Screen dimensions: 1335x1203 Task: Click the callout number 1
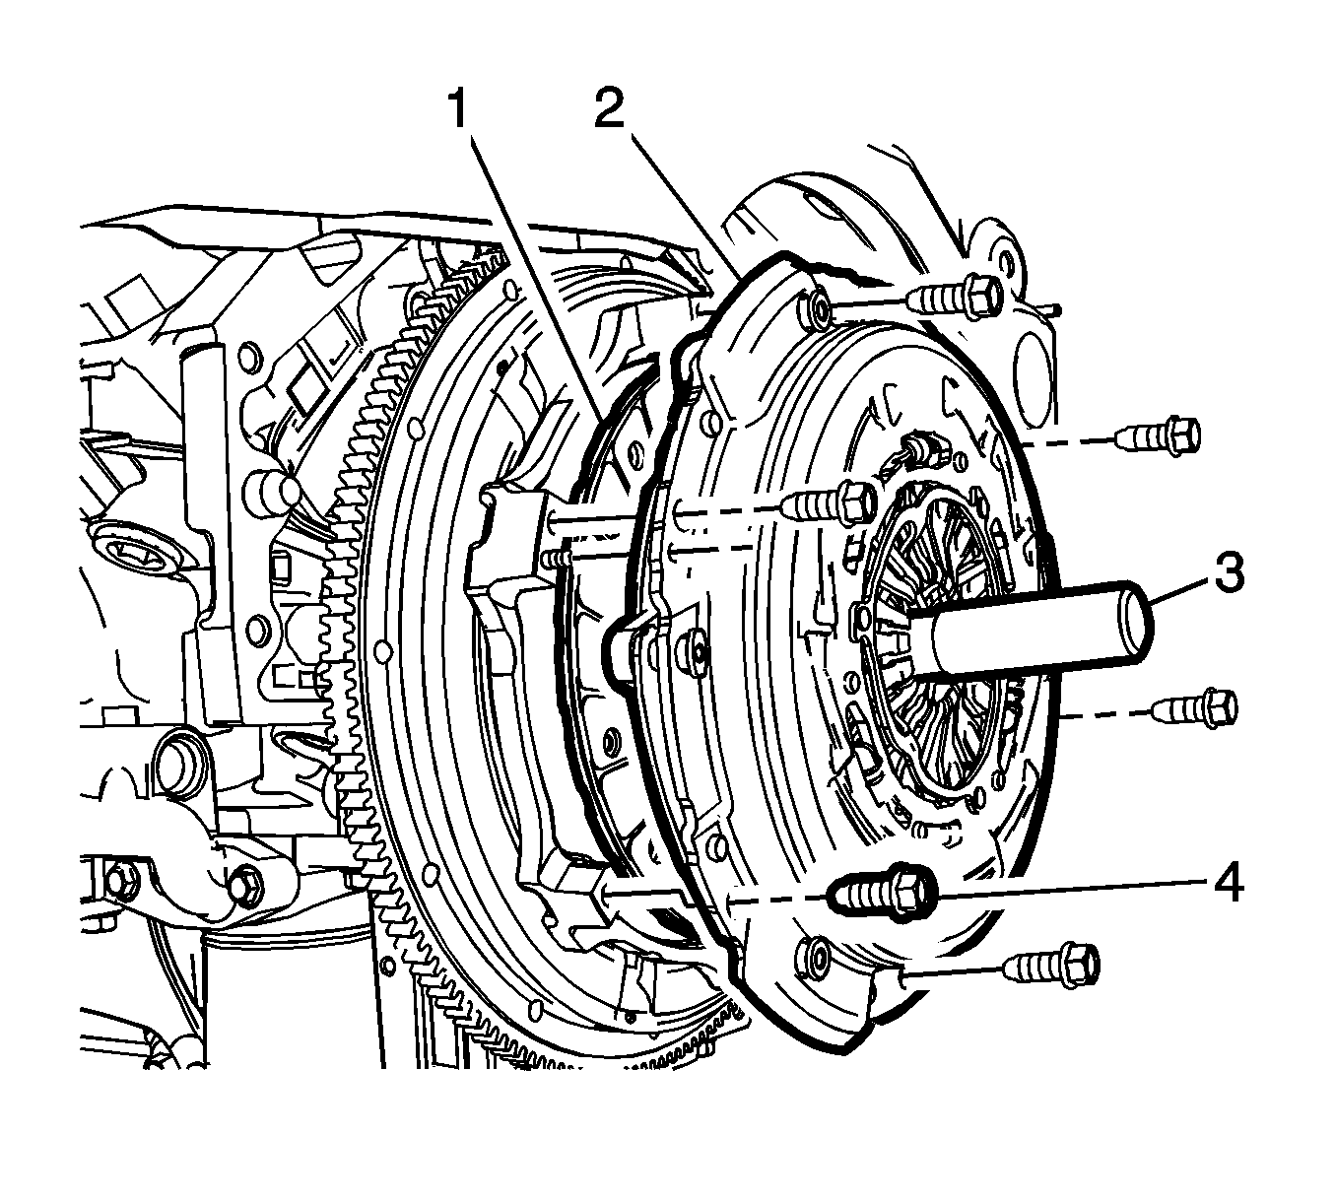[x=458, y=109]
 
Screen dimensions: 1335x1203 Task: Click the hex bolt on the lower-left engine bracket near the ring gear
[x=246, y=884]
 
